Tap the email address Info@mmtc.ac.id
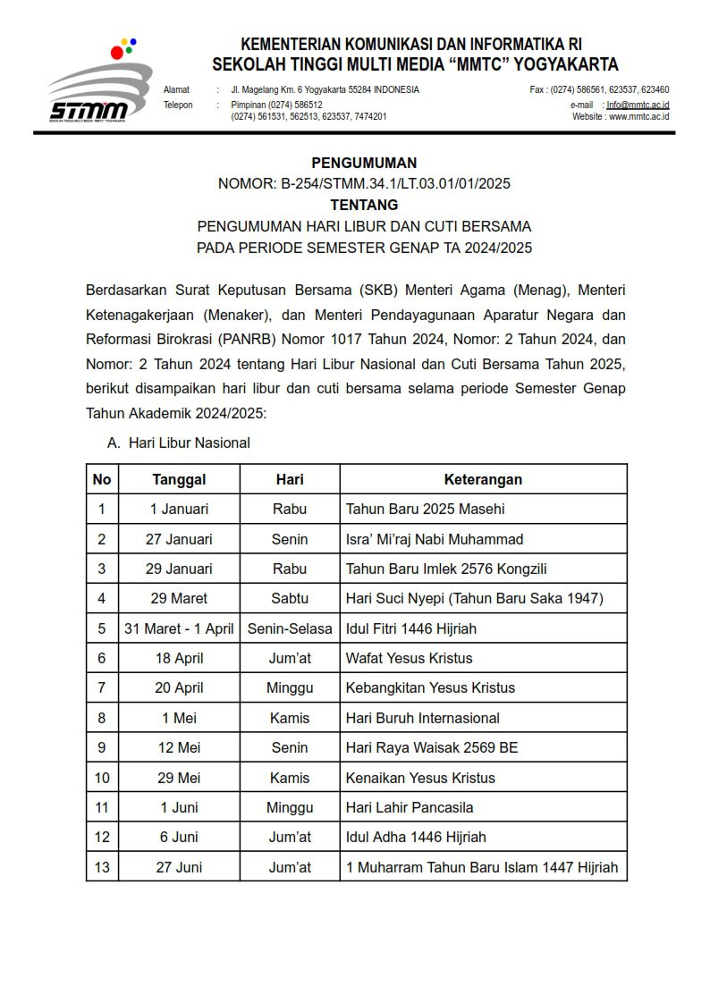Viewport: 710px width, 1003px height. (638, 105)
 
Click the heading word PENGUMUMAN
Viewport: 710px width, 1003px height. (364, 163)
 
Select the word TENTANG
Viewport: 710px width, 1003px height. (364, 205)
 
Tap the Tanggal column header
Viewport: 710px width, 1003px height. (179, 479)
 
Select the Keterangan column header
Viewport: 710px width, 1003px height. (483, 479)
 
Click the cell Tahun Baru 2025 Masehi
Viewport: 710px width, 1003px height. (425, 509)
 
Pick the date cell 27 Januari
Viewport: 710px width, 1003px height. (179, 539)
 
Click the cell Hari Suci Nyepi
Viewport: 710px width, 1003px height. (474, 598)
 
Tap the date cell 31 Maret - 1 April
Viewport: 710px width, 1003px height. (179, 628)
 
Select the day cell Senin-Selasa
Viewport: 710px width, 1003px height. (290, 628)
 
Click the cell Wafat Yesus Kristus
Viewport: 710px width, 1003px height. (409, 658)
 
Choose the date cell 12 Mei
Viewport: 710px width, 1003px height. (179, 747)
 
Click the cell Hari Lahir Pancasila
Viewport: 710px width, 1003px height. (410, 807)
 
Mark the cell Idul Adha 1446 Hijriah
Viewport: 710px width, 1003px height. (416, 837)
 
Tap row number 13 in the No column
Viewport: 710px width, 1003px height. (102, 867)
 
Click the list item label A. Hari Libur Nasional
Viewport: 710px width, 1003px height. (179, 442)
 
